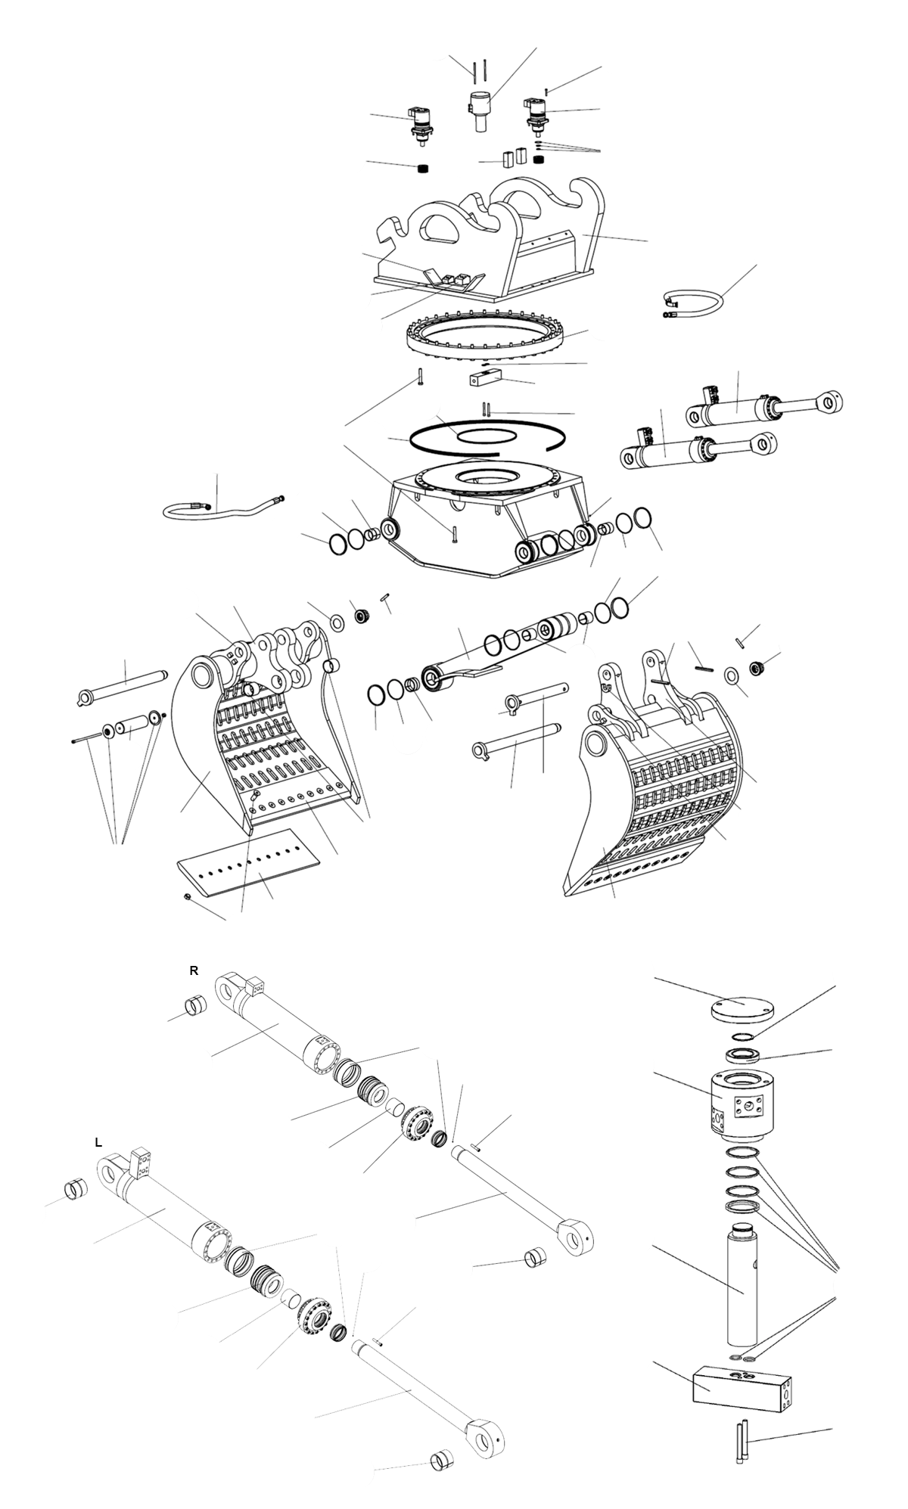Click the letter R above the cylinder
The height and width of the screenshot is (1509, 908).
pyautogui.click(x=194, y=971)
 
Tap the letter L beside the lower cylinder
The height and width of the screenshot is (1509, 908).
pyautogui.click(x=98, y=1143)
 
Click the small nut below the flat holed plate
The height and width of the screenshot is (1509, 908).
pyautogui.click(x=186, y=896)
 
